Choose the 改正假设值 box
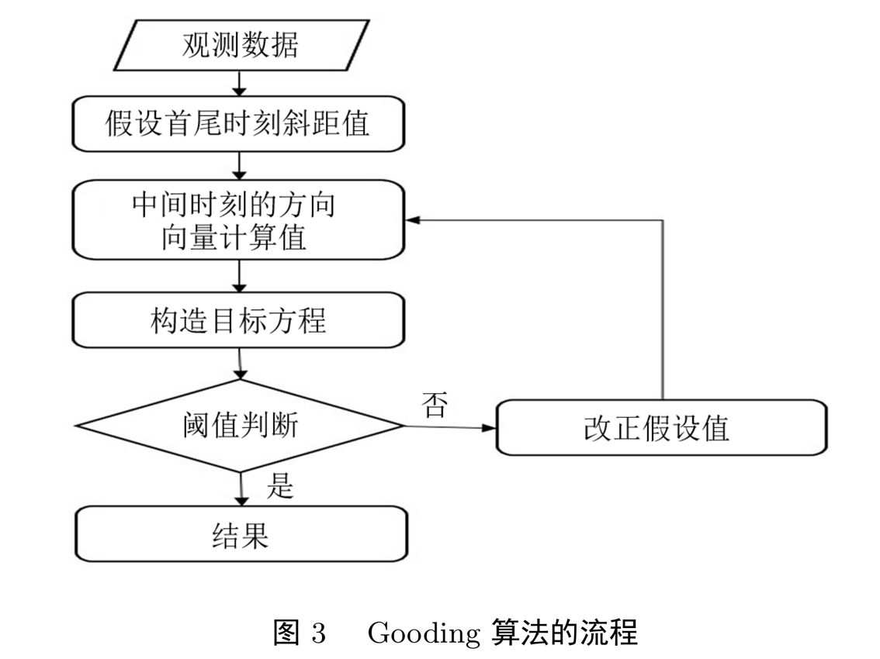click(x=660, y=427)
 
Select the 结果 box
click(x=241, y=534)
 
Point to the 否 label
click(x=434, y=405)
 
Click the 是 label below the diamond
click(x=279, y=486)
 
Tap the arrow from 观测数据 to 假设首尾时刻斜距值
click(x=240, y=83)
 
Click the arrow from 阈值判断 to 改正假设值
click(x=449, y=426)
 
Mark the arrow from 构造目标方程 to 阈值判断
click(x=241, y=363)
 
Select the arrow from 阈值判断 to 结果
click(x=241, y=488)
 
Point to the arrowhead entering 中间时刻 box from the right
click(x=414, y=220)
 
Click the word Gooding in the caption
click(x=424, y=633)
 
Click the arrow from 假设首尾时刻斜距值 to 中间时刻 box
click(x=240, y=164)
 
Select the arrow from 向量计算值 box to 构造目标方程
click(x=240, y=276)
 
